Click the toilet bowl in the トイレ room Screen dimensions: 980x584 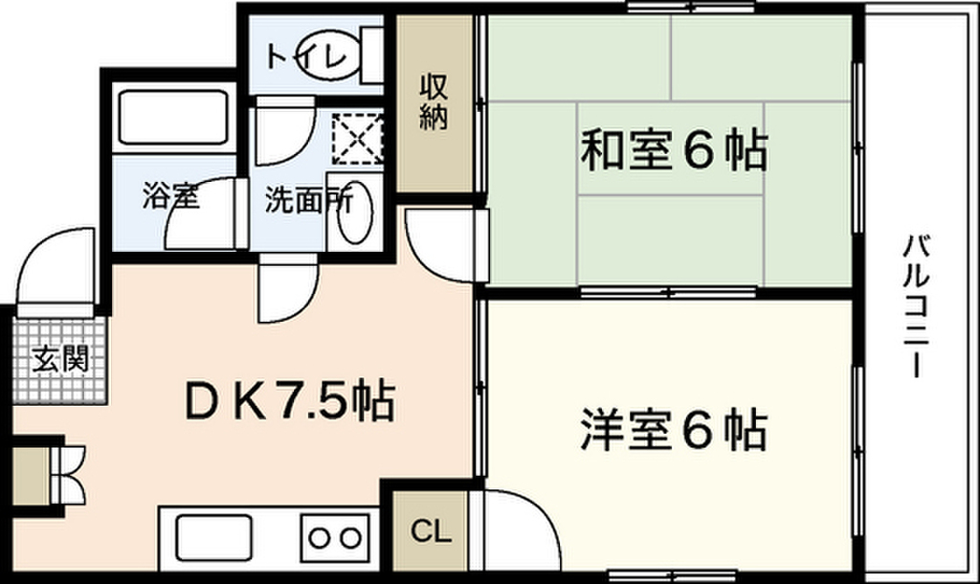coord(329,55)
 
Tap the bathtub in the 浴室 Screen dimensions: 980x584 coord(173,118)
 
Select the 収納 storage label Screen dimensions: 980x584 coord(434,102)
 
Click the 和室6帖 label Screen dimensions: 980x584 coord(674,150)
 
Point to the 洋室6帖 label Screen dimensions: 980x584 coord(674,430)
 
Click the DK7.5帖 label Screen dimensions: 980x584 coord(289,400)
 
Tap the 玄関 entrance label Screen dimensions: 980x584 coord(60,359)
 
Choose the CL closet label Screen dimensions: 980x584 coord(431,531)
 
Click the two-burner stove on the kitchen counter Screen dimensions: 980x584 coord(336,538)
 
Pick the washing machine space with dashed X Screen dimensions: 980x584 coord(357,138)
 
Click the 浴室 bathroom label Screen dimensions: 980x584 coord(170,195)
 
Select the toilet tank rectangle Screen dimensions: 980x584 coord(372,55)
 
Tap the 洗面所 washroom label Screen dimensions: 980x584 coord(308,200)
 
